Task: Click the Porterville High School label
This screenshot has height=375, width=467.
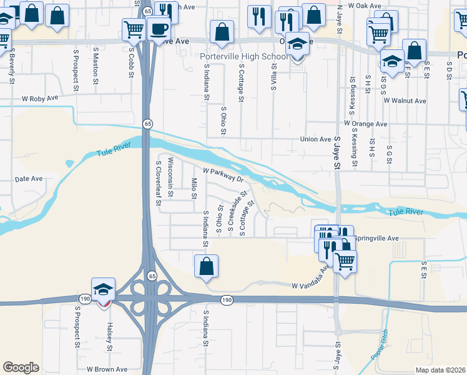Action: coord(244,57)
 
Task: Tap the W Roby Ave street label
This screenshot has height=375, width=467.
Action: coord(40,99)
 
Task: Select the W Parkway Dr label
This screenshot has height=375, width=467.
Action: coord(222,174)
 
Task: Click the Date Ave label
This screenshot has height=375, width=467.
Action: coord(28,179)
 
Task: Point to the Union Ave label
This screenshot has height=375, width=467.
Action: coord(315,139)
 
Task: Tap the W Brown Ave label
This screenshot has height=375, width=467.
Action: coord(107,369)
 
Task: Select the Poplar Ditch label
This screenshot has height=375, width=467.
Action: coord(380,344)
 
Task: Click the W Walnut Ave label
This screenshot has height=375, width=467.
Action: coord(405,101)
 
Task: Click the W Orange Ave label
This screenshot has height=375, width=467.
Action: coord(365,124)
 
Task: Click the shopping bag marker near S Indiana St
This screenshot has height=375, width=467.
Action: coord(206,266)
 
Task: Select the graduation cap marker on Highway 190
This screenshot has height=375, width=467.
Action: coord(103,289)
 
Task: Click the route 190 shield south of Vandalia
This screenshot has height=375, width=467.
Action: coord(226,301)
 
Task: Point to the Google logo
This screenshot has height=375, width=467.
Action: coord(21,367)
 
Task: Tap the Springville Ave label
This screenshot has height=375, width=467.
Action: coord(376,238)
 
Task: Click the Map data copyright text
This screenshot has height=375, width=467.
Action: coord(440,370)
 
